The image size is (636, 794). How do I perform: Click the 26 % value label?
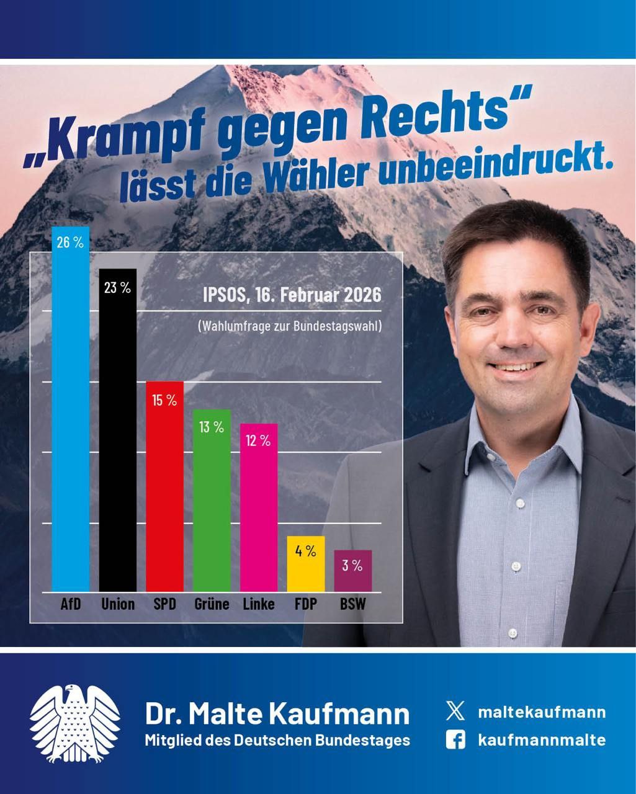70,243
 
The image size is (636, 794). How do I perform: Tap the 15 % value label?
164,401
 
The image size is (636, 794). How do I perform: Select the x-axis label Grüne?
212,604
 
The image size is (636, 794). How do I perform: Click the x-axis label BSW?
352,604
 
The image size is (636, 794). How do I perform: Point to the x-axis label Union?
118,604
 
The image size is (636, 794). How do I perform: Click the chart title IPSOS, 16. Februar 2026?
292,295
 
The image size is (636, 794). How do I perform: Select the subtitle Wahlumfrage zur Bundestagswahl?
289,326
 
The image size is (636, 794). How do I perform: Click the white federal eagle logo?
75,723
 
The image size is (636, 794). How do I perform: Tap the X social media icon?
455,711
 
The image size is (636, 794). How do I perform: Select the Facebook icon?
455,739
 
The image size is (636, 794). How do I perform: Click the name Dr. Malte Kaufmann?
277,713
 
